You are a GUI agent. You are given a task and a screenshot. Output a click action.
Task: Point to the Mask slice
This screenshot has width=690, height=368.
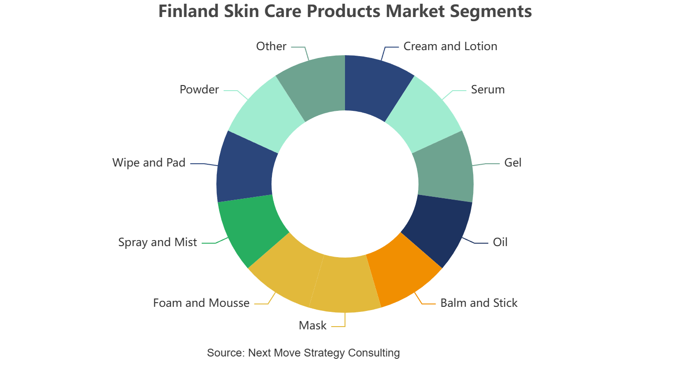coord(345,285)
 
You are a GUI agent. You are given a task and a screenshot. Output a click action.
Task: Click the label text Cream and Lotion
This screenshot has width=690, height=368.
coord(450,46)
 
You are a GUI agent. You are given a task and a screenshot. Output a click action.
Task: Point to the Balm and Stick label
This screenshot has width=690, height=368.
coord(479,303)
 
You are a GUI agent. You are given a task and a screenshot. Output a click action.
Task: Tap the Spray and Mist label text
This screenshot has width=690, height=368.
coord(158,242)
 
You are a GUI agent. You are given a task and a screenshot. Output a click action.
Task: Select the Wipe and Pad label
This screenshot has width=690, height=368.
coord(149,163)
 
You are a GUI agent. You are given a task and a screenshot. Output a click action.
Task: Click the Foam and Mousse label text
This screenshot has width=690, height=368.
coord(201,303)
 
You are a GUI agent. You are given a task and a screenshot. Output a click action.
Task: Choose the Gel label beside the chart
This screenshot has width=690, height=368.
coord(513,163)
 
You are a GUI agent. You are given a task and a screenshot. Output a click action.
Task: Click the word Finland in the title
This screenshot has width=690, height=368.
coord(189,11)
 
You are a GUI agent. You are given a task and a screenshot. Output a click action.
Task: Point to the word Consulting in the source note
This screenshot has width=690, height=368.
coord(374,353)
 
